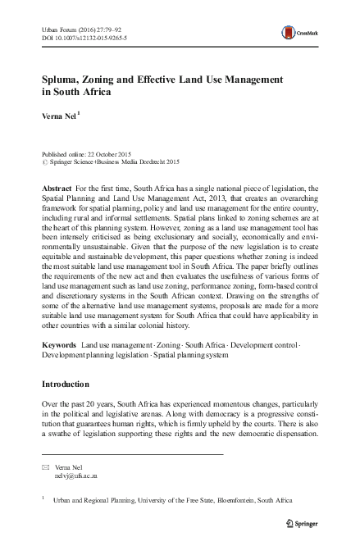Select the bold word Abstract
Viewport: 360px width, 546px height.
pos(57,189)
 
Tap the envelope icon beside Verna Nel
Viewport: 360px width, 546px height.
pos(45,467)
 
